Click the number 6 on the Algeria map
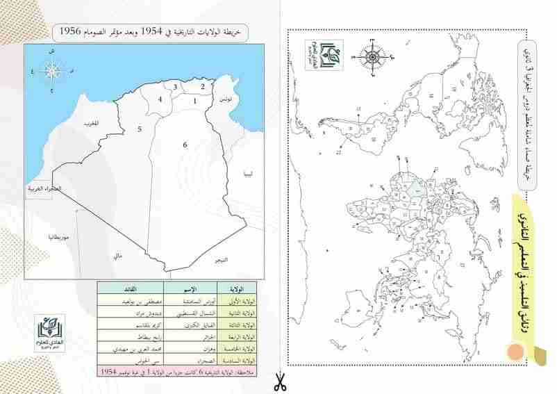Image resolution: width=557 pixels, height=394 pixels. tap(185, 145)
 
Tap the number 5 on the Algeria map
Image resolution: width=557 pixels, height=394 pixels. tap(139, 129)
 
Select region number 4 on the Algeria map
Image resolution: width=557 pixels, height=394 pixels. tap(160, 100)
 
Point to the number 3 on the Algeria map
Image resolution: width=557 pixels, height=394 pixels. tap(176, 87)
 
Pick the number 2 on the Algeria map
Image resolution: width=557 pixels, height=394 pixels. tap(203, 87)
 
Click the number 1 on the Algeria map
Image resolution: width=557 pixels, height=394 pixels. tap(195, 101)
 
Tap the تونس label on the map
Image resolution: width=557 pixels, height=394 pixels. tap(224, 101)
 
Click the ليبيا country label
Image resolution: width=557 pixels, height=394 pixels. tap(248, 174)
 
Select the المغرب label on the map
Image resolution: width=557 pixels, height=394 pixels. tap(91, 124)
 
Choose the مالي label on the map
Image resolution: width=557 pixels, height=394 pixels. tap(117, 256)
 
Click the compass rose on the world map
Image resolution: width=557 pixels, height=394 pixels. tap(372, 56)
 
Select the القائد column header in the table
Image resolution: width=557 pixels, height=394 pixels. tap(130, 288)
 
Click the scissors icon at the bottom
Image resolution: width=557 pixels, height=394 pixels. tap(278, 381)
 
